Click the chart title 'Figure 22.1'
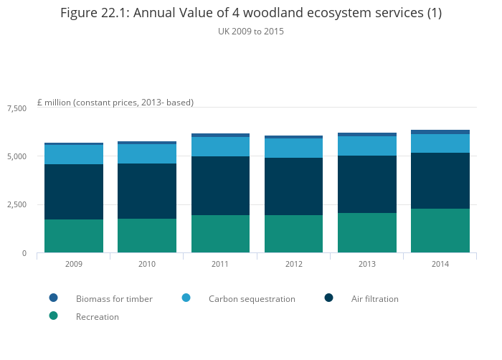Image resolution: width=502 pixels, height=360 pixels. [250, 13]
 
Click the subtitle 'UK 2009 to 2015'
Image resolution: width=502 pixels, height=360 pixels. [250, 32]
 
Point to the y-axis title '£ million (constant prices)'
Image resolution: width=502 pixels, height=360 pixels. [115, 103]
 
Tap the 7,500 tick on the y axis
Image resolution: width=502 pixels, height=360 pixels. [16, 108]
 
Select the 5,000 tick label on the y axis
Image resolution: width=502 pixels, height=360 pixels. [16, 156]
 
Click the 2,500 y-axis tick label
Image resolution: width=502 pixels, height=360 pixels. [16, 205]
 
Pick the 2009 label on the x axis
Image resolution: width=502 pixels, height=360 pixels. [73, 264]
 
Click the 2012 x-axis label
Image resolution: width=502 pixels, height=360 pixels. [294, 264]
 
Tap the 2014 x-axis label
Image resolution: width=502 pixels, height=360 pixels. [440, 264]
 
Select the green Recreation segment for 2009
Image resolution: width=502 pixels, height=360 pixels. [74, 236]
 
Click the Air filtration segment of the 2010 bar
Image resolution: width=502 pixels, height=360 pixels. [147, 191]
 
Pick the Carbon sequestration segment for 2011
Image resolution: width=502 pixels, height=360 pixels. [220, 146]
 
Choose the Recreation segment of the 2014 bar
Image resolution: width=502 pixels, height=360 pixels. [440, 230]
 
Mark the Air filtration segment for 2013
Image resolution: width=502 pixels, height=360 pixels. [367, 184]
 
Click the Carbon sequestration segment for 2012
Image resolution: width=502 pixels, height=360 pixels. [294, 148]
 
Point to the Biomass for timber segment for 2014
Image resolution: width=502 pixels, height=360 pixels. [440, 132]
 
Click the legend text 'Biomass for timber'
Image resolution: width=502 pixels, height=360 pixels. [114, 298]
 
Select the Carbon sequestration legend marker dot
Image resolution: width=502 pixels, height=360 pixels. [186, 298]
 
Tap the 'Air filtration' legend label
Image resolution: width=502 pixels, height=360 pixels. [374, 298]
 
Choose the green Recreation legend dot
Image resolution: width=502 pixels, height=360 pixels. [53, 316]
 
